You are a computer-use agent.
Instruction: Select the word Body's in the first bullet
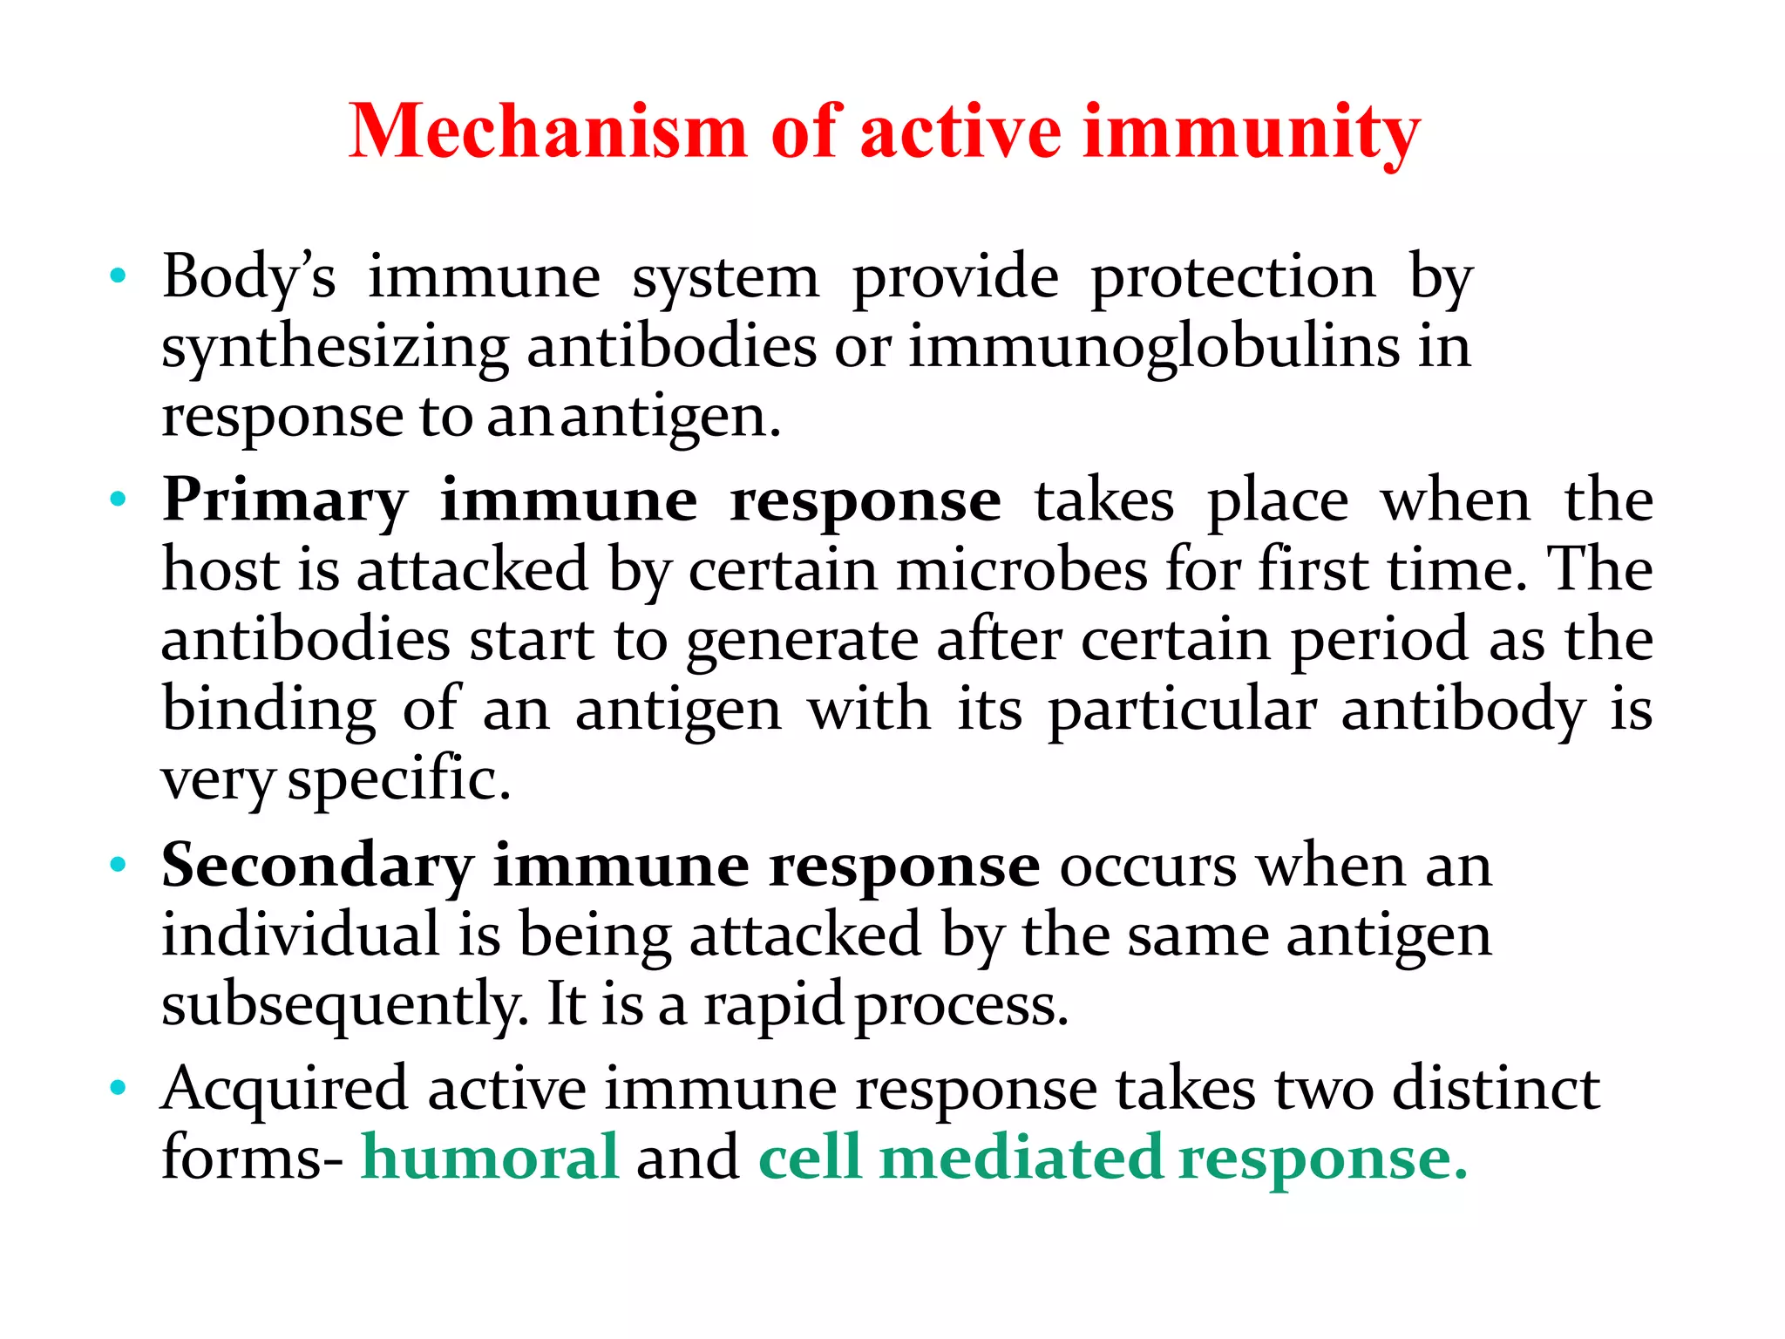[x=249, y=277]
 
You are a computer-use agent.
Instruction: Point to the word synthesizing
[x=335, y=347]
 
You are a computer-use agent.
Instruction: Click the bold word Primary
[x=285, y=501]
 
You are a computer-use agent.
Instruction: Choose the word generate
[x=802, y=641]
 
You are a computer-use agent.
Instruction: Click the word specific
[x=398, y=778]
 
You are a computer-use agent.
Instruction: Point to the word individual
[x=301, y=935]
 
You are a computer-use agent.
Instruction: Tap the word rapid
[x=773, y=1005]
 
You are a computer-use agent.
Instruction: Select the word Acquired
[x=284, y=1090]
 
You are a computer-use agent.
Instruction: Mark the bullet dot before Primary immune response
[x=119, y=500]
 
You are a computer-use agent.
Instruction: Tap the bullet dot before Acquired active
[x=119, y=1088]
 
